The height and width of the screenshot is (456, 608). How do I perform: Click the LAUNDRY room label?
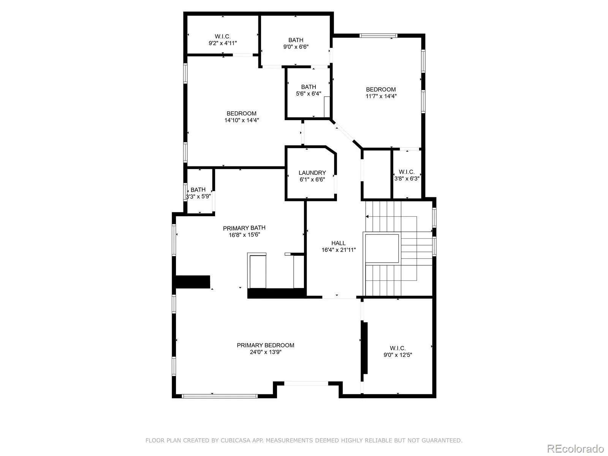(312, 173)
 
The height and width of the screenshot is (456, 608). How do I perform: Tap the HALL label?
(338, 243)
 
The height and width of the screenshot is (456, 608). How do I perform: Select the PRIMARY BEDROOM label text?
(265, 345)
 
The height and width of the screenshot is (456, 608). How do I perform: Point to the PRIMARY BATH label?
(244, 228)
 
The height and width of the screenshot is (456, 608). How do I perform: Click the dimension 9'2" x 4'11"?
(223, 43)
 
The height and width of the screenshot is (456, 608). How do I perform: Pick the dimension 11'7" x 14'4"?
(381, 97)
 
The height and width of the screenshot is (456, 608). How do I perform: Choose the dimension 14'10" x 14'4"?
(242, 120)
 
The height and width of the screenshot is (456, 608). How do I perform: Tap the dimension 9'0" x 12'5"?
(398, 355)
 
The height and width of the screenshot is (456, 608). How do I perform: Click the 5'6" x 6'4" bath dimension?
(308, 93)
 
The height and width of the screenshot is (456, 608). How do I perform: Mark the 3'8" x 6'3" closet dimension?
(407, 179)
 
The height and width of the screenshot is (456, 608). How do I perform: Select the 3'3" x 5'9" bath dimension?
(198, 196)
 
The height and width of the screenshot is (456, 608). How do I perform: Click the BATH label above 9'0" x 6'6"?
(296, 40)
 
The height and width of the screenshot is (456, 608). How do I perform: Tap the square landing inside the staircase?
(382, 249)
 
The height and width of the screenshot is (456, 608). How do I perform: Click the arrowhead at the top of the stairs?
(367, 217)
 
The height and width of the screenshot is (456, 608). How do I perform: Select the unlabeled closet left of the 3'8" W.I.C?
(377, 174)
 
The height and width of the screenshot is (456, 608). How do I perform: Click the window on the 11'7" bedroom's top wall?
(378, 36)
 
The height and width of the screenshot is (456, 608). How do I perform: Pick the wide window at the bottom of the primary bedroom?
(220, 396)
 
